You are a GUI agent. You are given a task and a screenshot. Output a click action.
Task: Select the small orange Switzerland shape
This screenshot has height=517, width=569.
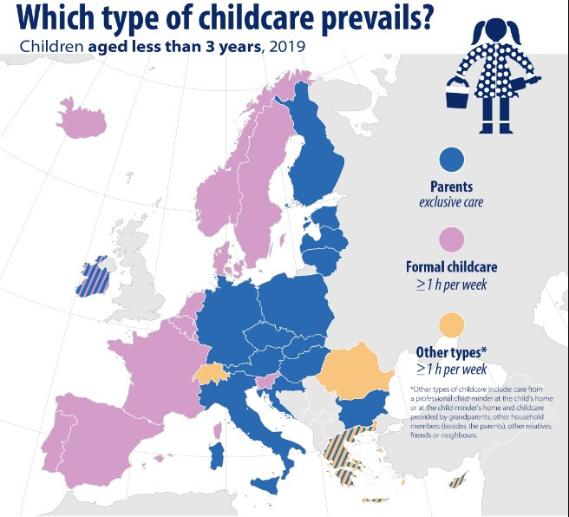pyautogui.click(x=210, y=373)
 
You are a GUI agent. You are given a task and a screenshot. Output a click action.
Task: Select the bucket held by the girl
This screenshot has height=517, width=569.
pyautogui.click(x=456, y=93)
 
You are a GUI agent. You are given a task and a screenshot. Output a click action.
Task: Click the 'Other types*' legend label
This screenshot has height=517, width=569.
pyautogui.click(x=450, y=352)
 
